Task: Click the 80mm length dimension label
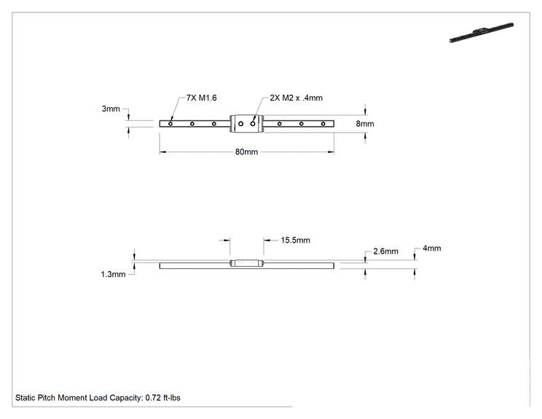tap(246, 152)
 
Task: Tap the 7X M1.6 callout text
tap(202, 98)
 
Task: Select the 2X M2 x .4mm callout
tap(296, 98)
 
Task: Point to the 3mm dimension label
tap(111, 109)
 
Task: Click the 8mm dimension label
tap(365, 124)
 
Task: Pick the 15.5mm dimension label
tap(295, 240)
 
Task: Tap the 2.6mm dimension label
tap(386, 251)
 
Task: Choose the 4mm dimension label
tap(432, 248)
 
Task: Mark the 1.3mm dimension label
tap(113, 274)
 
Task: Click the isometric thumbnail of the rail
tap(482, 33)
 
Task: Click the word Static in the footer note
tap(25, 398)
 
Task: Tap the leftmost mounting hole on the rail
tap(170, 123)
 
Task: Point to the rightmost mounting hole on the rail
tap(323, 123)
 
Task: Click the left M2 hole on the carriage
tap(241, 123)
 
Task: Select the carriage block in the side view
tap(247, 263)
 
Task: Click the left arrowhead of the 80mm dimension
tap(162, 152)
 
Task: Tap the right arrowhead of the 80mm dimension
tap(331, 152)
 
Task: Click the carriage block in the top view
tap(247, 123)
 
